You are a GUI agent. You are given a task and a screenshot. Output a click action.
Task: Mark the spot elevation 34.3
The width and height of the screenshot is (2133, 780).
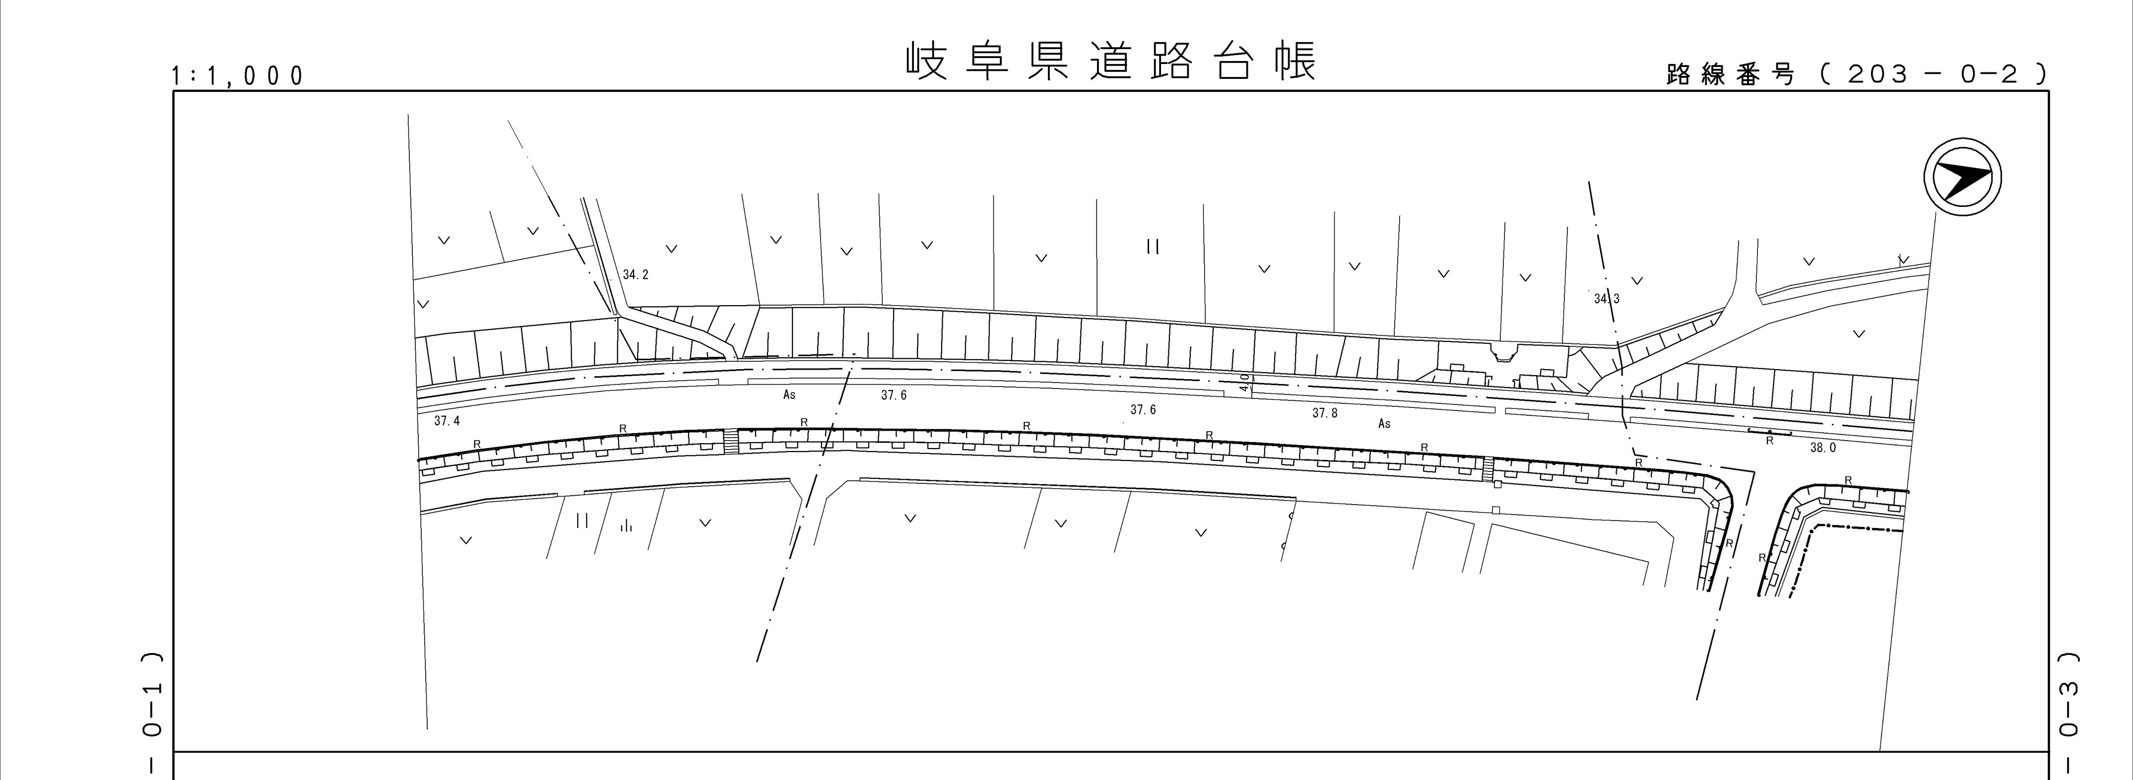click(x=1607, y=299)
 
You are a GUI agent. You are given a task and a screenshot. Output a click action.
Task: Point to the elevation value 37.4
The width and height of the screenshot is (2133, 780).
click(x=447, y=421)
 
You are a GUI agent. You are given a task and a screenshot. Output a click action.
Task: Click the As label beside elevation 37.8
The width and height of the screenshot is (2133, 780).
click(x=1384, y=424)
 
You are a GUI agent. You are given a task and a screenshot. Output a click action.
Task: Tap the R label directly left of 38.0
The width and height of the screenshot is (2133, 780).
click(x=1769, y=441)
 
